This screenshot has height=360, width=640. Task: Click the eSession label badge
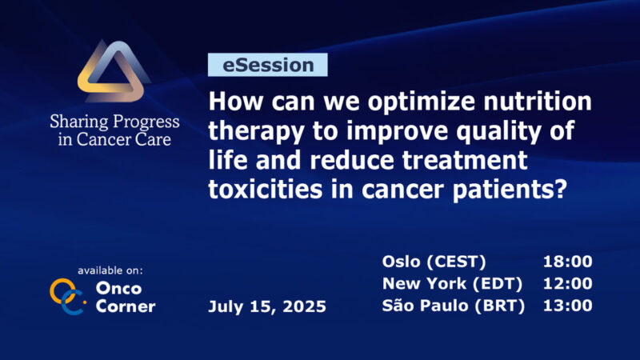(267, 65)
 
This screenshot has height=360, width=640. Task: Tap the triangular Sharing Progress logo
(114, 75)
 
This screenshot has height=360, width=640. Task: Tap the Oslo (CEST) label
(434, 262)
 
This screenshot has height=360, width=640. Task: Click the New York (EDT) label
(452, 283)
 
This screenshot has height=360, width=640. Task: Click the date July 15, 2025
(266, 306)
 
